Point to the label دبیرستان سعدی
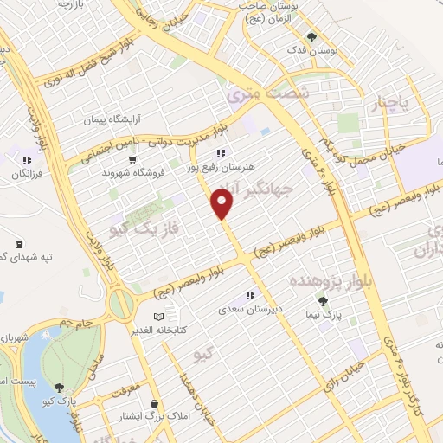point(250,309)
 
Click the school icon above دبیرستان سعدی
point(250,295)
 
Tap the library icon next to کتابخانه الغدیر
point(157,317)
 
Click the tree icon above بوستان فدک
point(312,37)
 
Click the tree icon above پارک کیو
point(59,388)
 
